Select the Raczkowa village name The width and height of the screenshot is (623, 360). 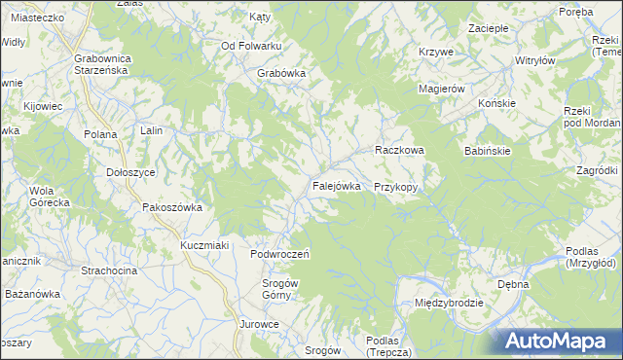coord(399,151)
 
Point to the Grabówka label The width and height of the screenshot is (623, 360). coord(282,73)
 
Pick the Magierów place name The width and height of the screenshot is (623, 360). coord(443,89)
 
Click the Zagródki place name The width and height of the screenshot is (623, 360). coord(597,170)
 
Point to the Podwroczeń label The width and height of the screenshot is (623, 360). coord(279,254)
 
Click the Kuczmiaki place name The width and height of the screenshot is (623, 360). coord(204,245)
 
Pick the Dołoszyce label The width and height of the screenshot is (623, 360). coord(130,171)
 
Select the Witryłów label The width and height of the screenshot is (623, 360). coord(534,59)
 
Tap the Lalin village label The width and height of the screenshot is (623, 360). coord(150,131)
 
